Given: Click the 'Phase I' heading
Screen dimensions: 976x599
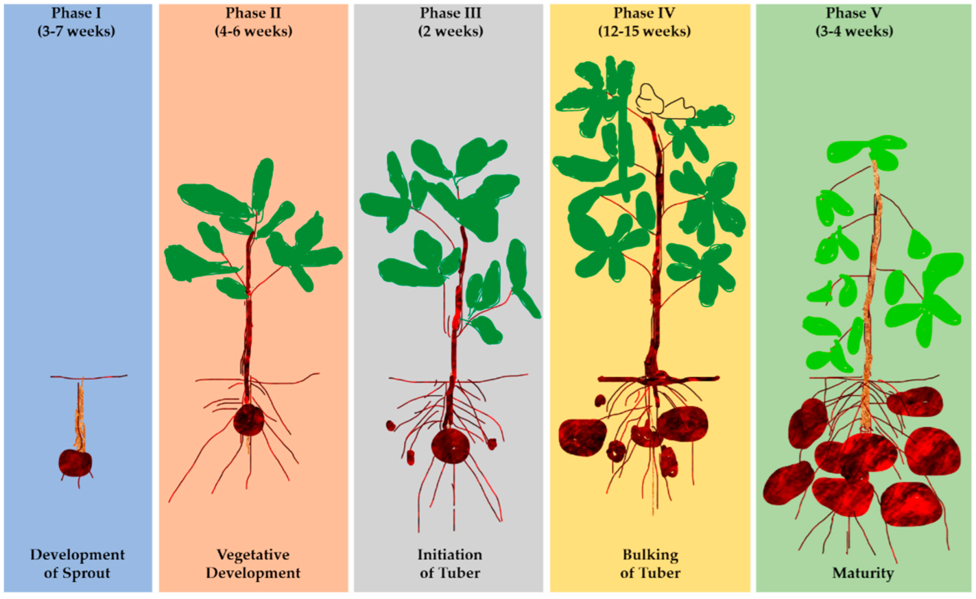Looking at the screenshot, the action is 76,13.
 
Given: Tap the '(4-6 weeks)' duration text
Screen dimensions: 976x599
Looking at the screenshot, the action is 253,31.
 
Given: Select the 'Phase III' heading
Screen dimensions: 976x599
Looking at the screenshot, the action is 450,13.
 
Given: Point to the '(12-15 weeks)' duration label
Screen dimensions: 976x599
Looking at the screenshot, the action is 644,31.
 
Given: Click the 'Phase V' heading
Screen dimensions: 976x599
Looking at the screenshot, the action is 853,13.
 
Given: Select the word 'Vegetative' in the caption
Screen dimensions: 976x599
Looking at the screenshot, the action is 253,555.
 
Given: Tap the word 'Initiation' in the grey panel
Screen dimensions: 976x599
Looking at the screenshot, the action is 450,555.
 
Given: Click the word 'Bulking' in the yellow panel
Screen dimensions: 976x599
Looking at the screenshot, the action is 650,555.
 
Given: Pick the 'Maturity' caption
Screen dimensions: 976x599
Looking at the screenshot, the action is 863,573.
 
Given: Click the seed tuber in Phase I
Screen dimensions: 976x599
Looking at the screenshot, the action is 75,463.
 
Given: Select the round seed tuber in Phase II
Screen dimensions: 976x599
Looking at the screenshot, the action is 249,420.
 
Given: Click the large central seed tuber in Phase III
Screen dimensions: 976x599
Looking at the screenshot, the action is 450,446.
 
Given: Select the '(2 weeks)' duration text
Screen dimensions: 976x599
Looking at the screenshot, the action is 450,31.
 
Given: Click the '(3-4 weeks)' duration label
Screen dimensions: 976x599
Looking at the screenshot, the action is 854,31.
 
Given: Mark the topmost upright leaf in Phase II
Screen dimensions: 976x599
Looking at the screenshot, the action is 263,183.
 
